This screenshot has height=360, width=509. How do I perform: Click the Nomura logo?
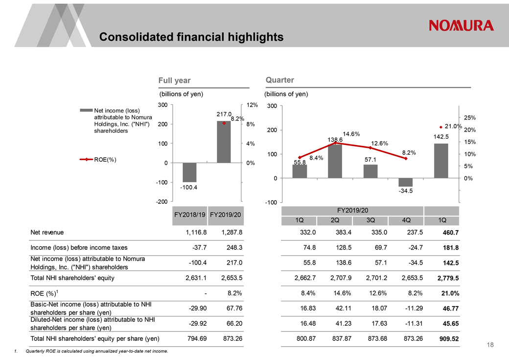click(461, 25)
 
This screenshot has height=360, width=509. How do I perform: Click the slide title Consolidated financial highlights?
click(191, 37)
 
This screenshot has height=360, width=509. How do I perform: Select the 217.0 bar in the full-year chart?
click(224, 142)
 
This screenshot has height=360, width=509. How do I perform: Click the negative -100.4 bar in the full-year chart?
click(189, 172)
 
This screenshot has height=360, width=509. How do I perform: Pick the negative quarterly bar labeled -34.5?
click(406, 182)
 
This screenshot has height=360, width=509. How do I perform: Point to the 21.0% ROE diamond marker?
click(441, 126)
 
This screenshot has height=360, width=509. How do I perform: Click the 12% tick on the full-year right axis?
click(252, 105)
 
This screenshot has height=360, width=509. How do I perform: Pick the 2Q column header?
click(335, 220)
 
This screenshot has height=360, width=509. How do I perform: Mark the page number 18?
click(490, 345)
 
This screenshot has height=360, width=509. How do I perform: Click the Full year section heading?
click(175, 80)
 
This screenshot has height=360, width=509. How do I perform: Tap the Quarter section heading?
click(279, 80)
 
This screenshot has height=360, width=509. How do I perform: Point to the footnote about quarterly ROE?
click(93, 351)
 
